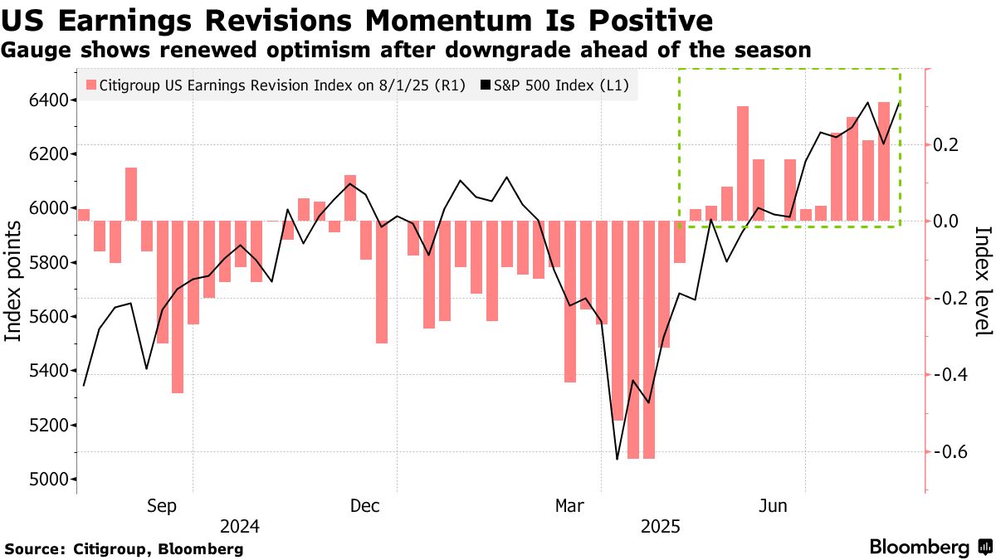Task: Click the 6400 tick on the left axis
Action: [51, 100]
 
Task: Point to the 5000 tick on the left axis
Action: [51, 480]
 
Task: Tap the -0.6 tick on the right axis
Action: [948, 452]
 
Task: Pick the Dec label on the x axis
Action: [365, 505]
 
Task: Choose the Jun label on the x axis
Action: [775, 505]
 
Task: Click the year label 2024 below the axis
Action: [240, 526]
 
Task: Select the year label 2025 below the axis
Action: [660, 526]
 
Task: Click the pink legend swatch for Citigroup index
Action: [91, 85]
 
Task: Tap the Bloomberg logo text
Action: [919, 548]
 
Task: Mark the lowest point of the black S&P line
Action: [617, 459]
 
